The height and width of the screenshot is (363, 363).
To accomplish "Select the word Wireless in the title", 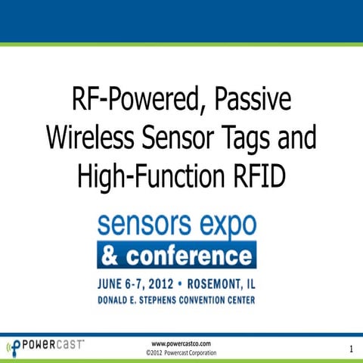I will (88, 138).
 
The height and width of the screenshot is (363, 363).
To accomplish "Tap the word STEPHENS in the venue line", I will (158, 300).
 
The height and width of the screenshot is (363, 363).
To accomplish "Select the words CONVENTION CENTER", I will (219, 300).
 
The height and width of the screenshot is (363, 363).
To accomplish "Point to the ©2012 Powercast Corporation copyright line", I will (181, 353).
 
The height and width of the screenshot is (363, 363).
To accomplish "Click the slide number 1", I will (352, 349).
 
